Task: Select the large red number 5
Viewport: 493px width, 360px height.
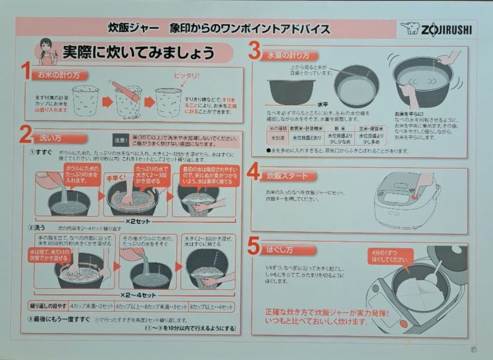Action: coord(254,246)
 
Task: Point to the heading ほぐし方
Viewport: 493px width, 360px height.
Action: coord(281,250)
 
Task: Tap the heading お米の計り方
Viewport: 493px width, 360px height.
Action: coord(59,75)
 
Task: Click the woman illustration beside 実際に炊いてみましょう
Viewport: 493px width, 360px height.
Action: coord(44,52)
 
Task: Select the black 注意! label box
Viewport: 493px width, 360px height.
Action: coord(121,139)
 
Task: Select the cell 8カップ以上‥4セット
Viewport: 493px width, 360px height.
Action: coord(211,307)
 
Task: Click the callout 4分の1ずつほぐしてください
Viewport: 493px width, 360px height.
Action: coord(390,256)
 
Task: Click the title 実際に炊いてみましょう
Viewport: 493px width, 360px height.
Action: coord(138,52)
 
